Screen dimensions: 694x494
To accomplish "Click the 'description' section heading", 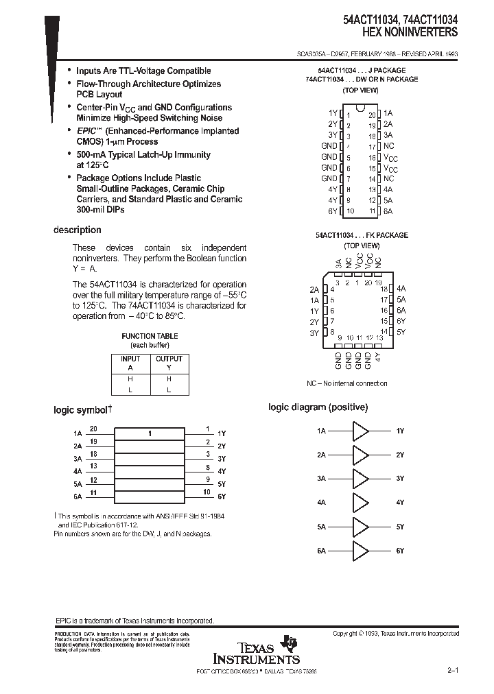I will [x=77, y=230].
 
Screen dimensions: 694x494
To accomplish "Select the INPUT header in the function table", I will [x=130, y=359].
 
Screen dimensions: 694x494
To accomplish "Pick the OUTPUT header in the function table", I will [x=169, y=359].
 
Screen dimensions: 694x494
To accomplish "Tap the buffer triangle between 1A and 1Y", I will [x=360, y=431].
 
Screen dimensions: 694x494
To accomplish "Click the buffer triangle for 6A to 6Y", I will [x=360, y=551].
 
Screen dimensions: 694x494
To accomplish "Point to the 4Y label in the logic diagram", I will [x=400, y=503].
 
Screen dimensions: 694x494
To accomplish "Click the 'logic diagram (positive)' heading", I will [x=318, y=407].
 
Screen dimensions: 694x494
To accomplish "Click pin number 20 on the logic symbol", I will [x=93, y=429].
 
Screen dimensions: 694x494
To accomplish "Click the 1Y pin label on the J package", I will [x=333, y=112].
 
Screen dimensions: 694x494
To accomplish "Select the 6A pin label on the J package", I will [x=388, y=211].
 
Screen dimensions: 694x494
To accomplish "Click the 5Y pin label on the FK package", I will [x=401, y=332].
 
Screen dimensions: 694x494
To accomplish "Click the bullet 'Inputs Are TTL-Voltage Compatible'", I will [x=143, y=71].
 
